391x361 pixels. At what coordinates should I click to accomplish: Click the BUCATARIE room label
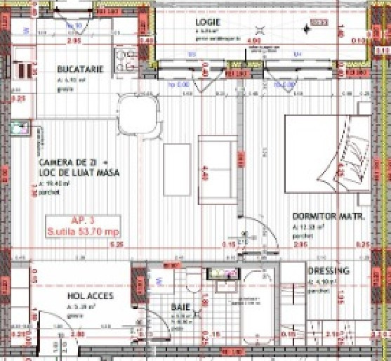point(81,69)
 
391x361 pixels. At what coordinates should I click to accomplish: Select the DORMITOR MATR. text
point(328,218)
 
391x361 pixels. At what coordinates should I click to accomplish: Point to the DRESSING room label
point(329,270)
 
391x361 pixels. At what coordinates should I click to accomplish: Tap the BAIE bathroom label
point(181,306)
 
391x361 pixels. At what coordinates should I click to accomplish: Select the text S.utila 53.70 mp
point(82,230)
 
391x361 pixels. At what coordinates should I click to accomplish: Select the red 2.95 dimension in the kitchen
point(69,41)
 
